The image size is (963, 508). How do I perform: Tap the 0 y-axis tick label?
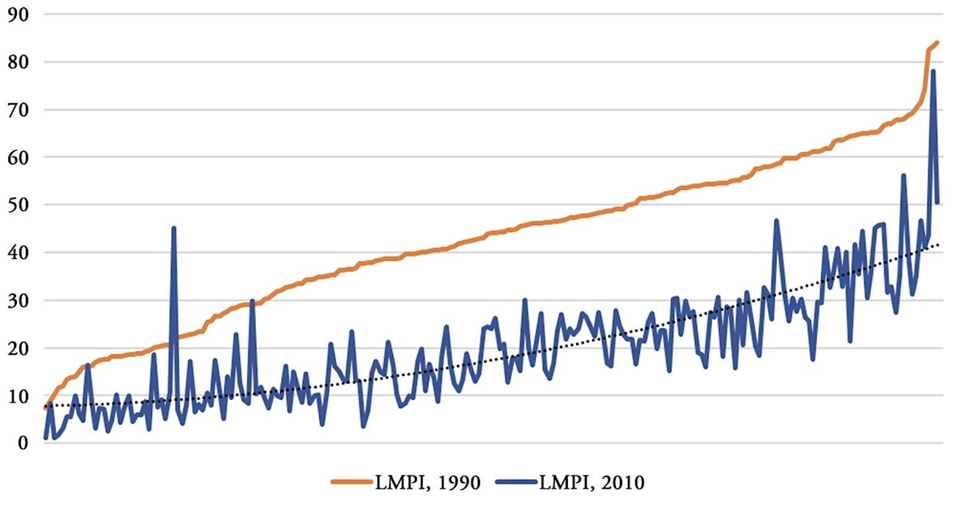click(23, 443)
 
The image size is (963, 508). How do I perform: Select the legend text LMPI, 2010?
click(592, 483)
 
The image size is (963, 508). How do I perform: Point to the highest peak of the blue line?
click(933, 71)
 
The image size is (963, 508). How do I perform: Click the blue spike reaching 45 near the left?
click(174, 228)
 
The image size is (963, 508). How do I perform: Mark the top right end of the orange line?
click(938, 43)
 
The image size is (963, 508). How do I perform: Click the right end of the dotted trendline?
click(938, 245)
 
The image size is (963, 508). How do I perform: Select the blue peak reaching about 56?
click(903, 176)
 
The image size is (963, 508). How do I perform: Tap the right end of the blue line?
click(938, 203)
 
